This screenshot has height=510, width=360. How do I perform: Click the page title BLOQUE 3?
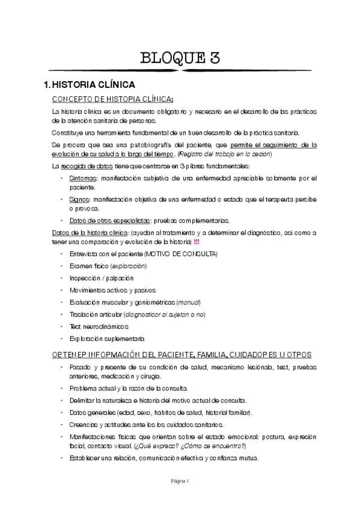coord(180,58)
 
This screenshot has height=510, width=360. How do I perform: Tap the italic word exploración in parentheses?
coord(129,266)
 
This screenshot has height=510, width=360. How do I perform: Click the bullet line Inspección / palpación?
coord(102,278)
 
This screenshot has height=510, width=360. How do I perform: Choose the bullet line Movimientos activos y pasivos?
coord(112,290)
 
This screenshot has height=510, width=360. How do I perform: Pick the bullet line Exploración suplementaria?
coord(107,339)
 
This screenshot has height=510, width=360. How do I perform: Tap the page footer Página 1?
coord(180,481)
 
